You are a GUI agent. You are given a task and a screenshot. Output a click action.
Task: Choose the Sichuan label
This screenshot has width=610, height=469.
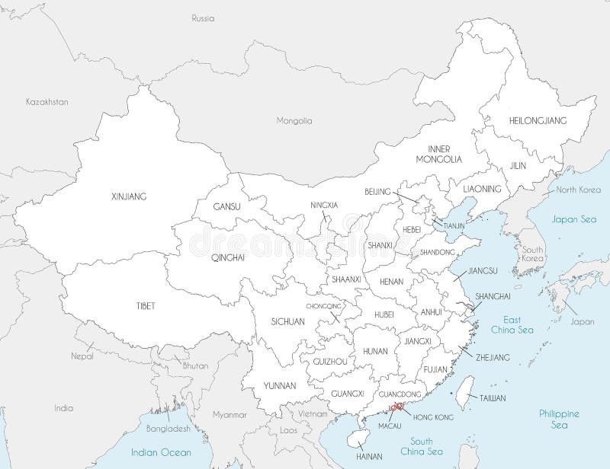[x=287, y=322]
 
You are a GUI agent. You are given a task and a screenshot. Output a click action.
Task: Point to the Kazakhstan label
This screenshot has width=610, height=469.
[x=47, y=100]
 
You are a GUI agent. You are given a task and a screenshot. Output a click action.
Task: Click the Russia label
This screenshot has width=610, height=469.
[x=203, y=17]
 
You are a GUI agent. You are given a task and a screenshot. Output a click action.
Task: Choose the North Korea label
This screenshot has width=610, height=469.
[x=577, y=190]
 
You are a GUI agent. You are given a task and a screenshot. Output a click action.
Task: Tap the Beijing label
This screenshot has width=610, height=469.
[x=377, y=191]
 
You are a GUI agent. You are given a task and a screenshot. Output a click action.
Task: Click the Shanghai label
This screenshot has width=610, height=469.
[x=487, y=295]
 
